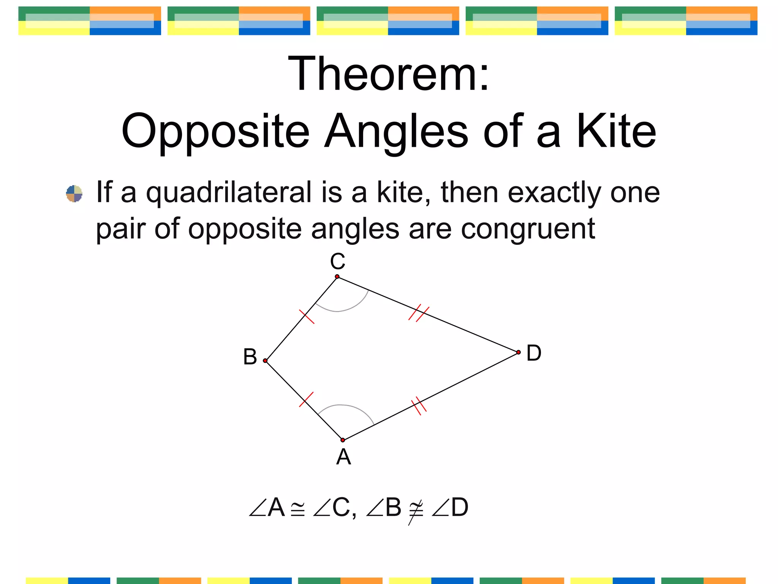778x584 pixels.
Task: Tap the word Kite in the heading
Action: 616,132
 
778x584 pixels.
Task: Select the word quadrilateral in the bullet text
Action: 229,193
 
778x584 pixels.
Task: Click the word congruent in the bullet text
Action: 528,229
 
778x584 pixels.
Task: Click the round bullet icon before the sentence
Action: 74,194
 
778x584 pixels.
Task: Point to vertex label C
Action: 337,262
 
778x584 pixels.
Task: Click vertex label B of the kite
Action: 250,357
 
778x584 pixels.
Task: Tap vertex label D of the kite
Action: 533,353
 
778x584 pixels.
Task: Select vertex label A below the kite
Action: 343,457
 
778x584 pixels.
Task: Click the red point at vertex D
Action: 519,352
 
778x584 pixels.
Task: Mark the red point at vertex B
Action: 265,361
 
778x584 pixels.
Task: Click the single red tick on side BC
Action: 307,317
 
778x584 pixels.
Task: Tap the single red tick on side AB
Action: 306,399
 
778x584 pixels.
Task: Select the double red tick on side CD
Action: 419,313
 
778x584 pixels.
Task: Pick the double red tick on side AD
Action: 419,406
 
